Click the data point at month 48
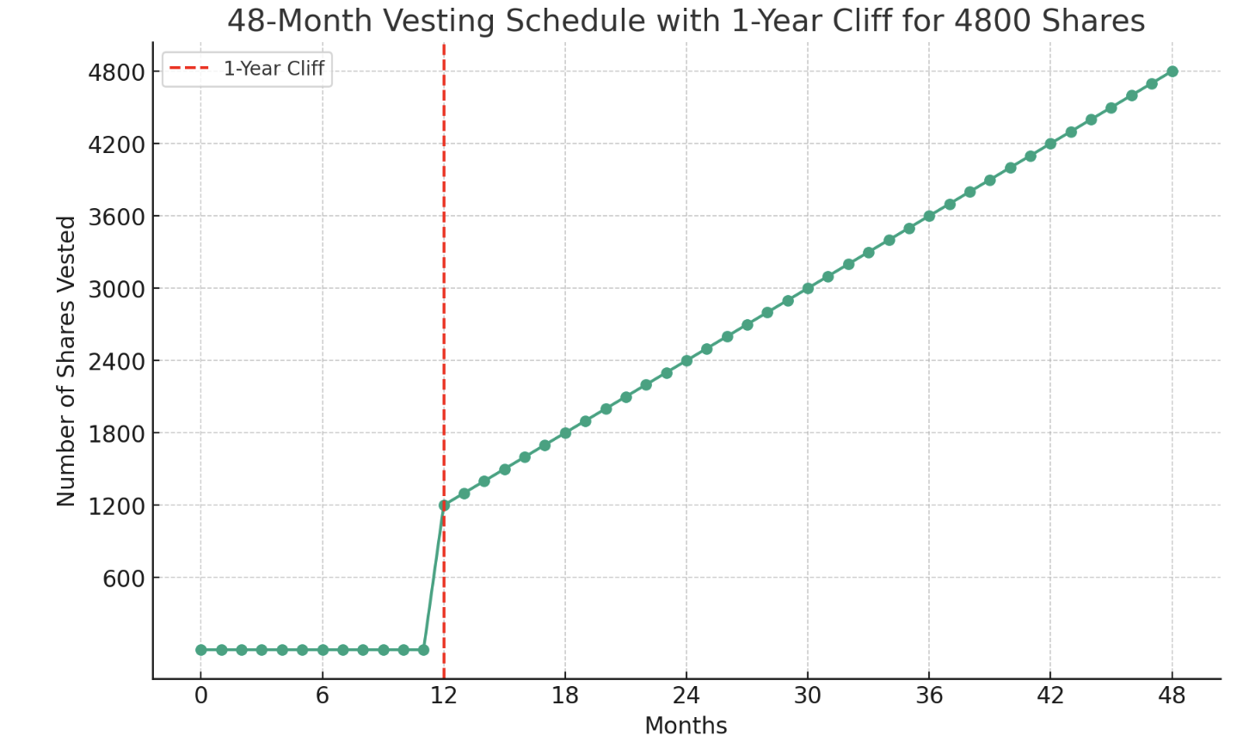[1172, 71]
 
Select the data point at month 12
[444, 506]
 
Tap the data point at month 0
[201, 650]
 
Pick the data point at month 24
[686, 361]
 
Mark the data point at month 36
[929, 216]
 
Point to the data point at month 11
[423, 650]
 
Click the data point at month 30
[808, 289]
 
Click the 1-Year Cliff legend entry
[274, 69]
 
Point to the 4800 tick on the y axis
[115, 72]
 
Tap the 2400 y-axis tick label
[115, 361]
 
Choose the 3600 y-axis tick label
[115, 217]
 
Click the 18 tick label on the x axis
[565, 696]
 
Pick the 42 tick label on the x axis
[1050, 696]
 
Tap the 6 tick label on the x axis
[323, 696]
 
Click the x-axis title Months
[686, 727]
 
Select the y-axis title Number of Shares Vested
[67, 361]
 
